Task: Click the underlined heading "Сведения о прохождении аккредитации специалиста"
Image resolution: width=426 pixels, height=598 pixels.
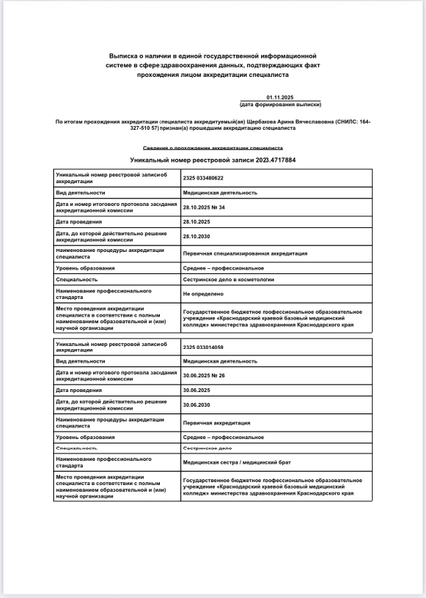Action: (212, 147)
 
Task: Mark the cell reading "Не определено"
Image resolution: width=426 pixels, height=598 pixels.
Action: (201, 295)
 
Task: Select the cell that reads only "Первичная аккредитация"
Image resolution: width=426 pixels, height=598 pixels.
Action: (216, 421)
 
